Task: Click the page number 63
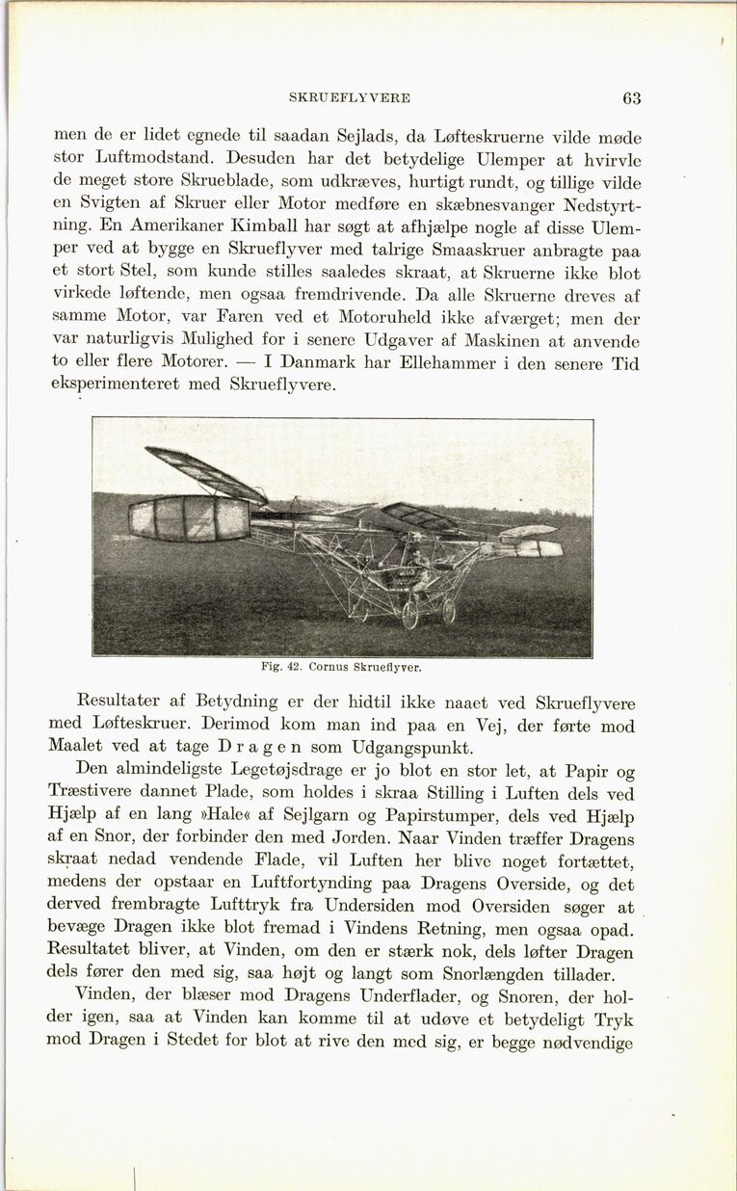pos(631,97)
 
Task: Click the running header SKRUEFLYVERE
pos(350,98)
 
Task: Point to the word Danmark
pos(326,363)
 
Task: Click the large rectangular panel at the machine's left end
pos(190,518)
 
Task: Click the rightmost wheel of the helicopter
pos(448,611)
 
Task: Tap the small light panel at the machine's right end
pos(540,548)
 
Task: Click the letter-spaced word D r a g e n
pos(252,747)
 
